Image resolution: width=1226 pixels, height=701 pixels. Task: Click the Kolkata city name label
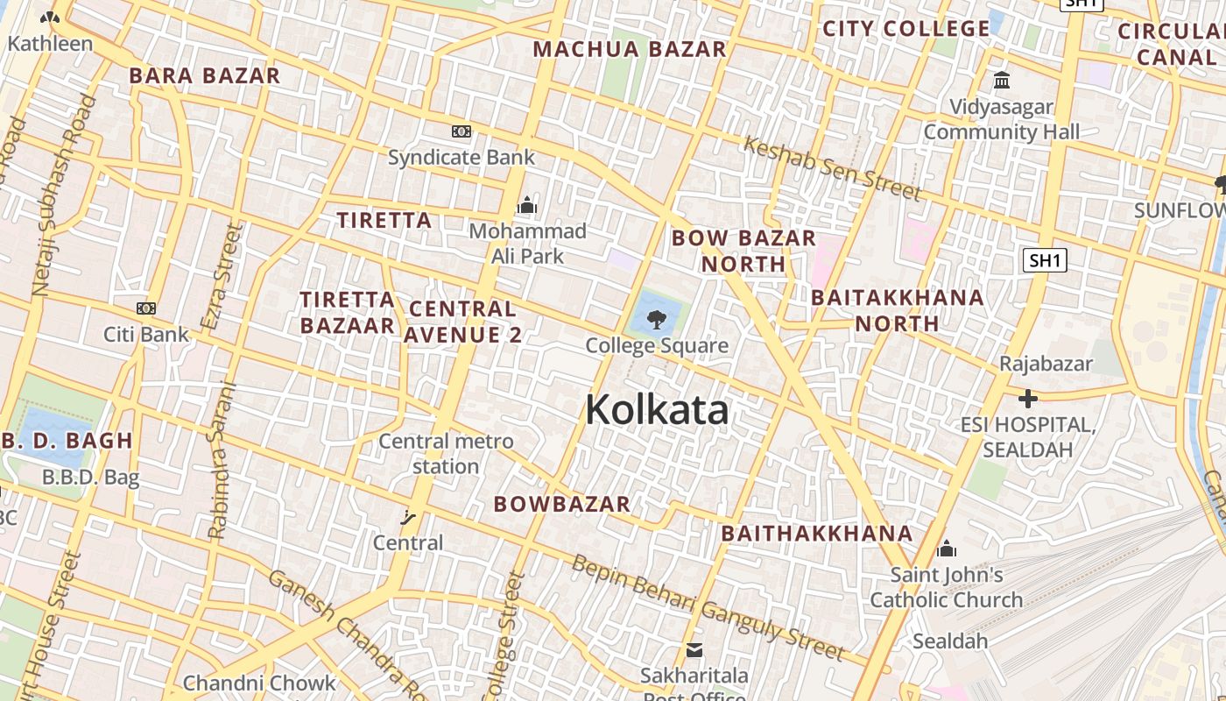pos(657,409)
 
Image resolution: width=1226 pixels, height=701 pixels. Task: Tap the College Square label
pos(657,345)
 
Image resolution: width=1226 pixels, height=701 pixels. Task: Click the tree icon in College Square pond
pos(657,318)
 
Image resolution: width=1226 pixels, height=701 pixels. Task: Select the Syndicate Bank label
pos(461,158)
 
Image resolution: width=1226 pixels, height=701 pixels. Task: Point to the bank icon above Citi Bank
pos(146,308)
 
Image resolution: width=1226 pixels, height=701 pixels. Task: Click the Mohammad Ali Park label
pos(527,244)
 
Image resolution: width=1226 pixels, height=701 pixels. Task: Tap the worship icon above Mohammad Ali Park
pos(526,206)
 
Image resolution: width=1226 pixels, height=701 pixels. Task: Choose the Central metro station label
pos(446,454)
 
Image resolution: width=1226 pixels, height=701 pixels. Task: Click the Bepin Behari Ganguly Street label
pos(708,607)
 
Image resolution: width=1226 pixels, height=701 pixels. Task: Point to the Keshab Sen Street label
pos(831,168)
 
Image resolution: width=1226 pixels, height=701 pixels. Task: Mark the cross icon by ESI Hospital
pos(1027,400)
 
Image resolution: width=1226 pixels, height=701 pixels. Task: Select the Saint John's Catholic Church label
pos(947,587)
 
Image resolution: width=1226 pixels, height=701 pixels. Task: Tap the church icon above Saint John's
pos(947,549)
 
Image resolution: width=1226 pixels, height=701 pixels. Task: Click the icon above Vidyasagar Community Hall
pos(1002,81)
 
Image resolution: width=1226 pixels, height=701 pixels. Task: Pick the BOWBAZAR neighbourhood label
pos(562,504)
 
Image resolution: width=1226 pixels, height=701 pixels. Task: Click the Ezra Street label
pos(221,276)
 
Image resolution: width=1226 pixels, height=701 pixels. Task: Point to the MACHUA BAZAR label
pos(630,49)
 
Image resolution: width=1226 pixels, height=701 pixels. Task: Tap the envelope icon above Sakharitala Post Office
pos(694,650)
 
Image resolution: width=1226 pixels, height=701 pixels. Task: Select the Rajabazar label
pos(1046,364)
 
